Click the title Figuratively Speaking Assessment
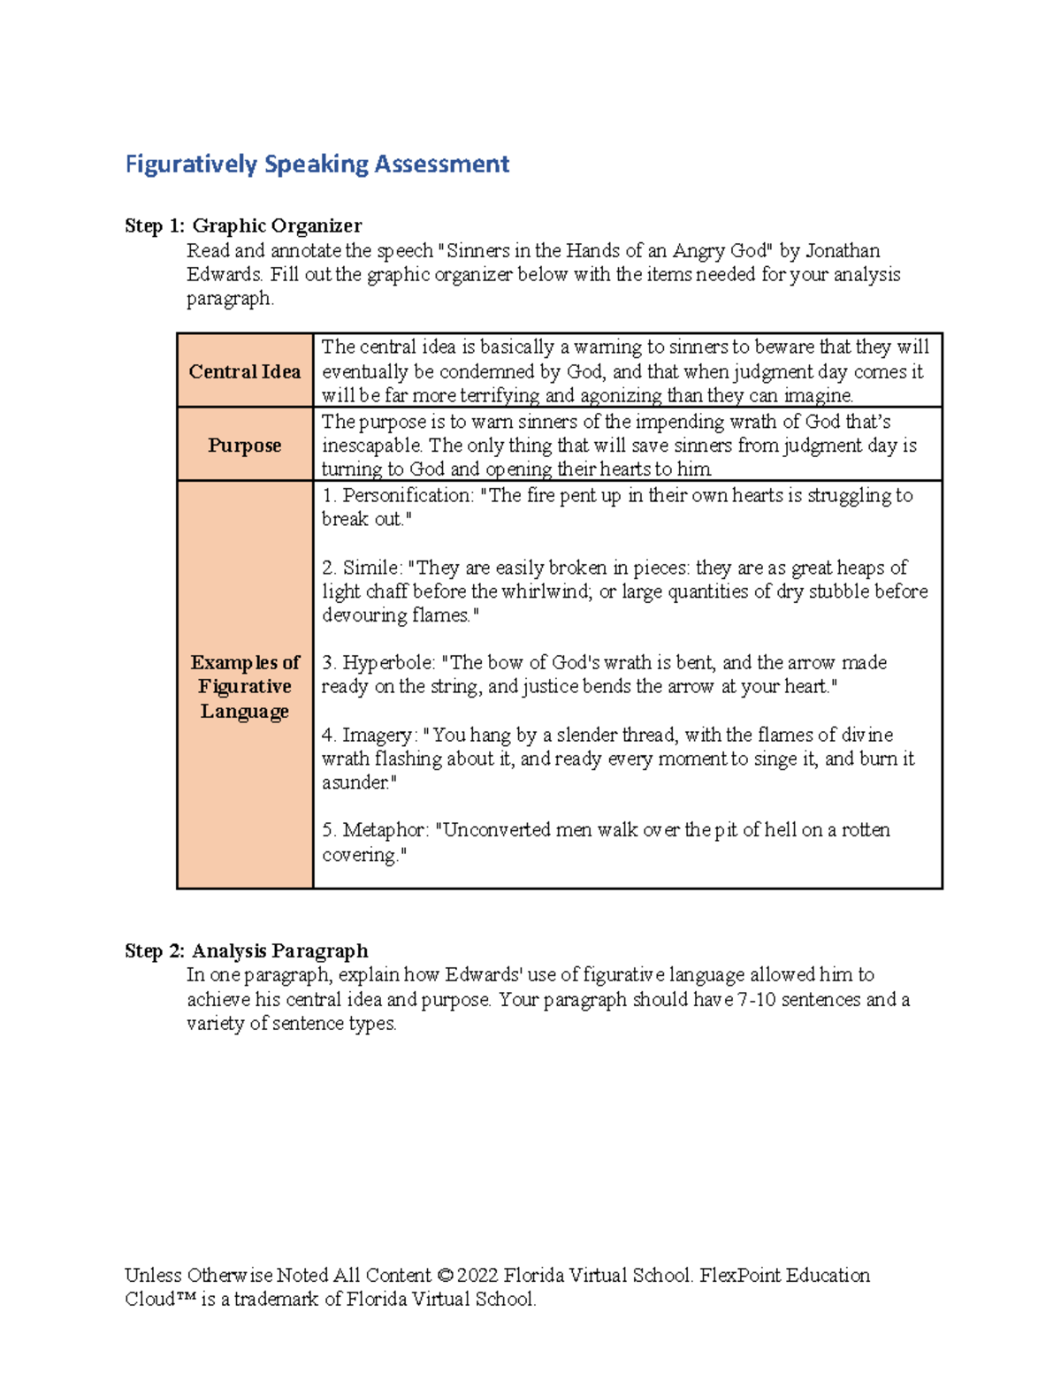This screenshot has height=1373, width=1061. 317,164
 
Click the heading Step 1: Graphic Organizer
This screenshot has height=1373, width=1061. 243,226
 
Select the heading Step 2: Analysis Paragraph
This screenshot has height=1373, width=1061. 246,951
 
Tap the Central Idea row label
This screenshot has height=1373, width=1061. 245,371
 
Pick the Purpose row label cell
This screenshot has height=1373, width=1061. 245,446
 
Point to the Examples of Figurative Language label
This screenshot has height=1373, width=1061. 245,686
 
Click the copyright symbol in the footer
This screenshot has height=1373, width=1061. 445,1276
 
